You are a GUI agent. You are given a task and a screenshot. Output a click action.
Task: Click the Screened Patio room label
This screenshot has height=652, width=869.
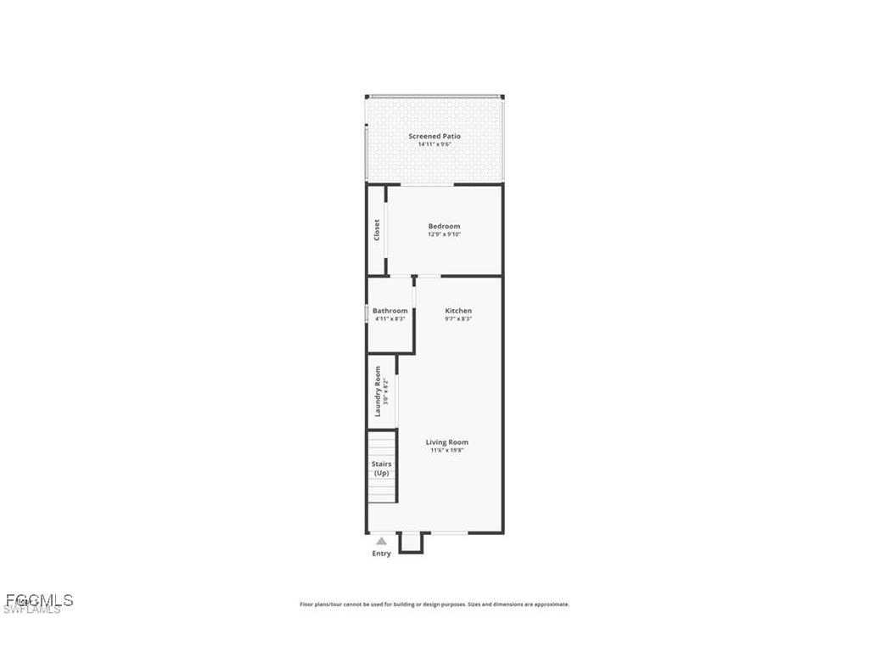coord(434,136)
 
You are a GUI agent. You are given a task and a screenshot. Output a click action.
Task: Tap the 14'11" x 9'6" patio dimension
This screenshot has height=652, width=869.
coord(434,144)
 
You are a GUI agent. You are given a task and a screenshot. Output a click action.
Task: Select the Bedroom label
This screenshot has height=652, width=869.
coord(444,226)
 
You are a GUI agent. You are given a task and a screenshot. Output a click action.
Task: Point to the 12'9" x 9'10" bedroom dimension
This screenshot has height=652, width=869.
coord(444,234)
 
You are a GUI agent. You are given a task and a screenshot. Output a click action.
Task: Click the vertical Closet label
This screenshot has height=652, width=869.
coord(377,230)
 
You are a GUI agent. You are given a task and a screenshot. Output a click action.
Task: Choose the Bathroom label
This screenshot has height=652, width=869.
coord(390,311)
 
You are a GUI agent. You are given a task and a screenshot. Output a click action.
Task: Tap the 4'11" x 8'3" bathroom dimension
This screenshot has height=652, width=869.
coord(390,319)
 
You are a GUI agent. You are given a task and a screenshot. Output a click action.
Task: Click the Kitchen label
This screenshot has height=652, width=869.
coord(458,311)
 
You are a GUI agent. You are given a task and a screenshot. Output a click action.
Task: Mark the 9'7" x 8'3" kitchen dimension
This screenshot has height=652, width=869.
coord(458,319)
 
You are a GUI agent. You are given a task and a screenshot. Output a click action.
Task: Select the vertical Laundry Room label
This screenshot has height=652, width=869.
coord(378,391)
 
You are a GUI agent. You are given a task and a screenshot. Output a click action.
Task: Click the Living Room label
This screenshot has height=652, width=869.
coord(446,442)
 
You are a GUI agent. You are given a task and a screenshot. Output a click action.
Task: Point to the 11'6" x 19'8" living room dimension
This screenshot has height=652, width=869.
coord(446,451)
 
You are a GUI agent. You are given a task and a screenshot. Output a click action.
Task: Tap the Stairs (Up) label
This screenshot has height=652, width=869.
coord(382,468)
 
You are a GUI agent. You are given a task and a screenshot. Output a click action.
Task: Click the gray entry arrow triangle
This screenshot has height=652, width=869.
coord(382,540)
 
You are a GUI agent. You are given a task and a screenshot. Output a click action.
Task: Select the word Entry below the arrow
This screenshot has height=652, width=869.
coord(382,554)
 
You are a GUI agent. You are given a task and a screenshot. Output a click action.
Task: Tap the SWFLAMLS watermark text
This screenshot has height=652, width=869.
coord(31,610)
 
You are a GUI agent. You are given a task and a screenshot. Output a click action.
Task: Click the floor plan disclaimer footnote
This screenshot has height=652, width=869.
coord(434,604)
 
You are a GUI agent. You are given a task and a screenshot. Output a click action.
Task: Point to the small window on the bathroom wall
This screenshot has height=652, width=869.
coord(367,313)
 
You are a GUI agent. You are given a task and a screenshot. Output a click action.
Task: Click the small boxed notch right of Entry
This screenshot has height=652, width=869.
coord(410,542)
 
